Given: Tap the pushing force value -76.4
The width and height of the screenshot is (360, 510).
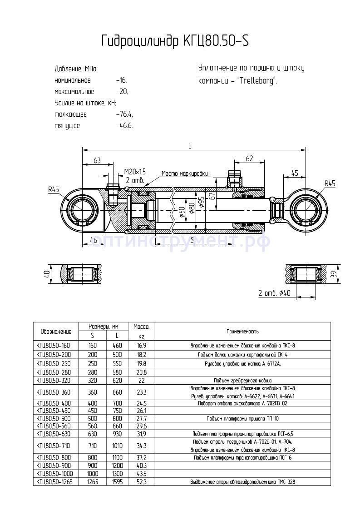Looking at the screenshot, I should coord(124,114).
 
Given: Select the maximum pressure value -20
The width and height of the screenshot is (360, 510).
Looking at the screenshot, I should coord(122,92).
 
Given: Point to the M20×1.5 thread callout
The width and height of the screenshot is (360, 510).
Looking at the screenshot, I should coord(135,171).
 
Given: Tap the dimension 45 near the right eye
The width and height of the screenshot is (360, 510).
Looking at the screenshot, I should coord(294,173).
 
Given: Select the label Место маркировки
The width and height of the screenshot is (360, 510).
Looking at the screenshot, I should coord(185,173).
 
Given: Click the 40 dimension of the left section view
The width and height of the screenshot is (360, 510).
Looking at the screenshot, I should coord(46,275).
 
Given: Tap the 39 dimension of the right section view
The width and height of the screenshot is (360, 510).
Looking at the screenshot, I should coord(333,274).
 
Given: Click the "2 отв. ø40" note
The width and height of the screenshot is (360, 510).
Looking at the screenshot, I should coord(274,293).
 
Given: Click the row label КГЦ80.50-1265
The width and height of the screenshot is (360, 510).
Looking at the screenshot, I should coord(55,481).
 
